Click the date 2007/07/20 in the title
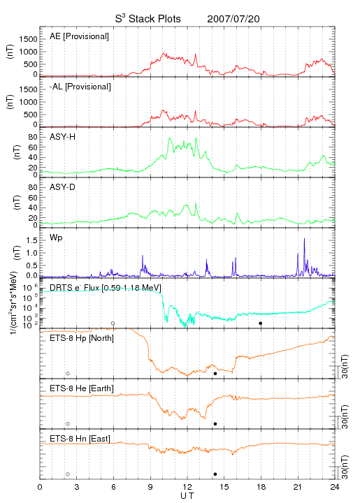pyautogui.click(x=233, y=19)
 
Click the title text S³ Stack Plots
pyautogui.click(x=148, y=19)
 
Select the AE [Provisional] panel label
pyautogui.click(x=79, y=36)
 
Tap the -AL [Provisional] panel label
pyautogui.click(x=80, y=87)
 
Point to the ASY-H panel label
pyautogui.click(x=63, y=137)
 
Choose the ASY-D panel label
pyautogui.click(x=63, y=187)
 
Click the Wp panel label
pyautogui.click(x=56, y=238)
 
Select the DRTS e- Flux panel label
pyautogui.click(x=106, y=288)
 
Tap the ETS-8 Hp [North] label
pyautogui.click(x=82, y=338)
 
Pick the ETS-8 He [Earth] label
pyautogui.click(x=82, y=388)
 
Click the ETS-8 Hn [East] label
pyautogui.click(x=80, y=439)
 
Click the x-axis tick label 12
pyautogui.click(x=187, y=487)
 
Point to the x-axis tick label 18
pyautogui.click(x=261, y=487)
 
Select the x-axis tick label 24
pyautogui.click(x=335, y=487)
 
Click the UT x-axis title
pyautogui.click(x=187, y=496)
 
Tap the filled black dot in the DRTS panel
pyautogui.click(x=261, y=323)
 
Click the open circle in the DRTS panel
pyautogui.click(x=113, y=323)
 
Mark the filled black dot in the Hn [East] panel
pyautogui.click(x=215, y=474)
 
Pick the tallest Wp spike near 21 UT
pyautogui.click(x=304, y=239)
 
